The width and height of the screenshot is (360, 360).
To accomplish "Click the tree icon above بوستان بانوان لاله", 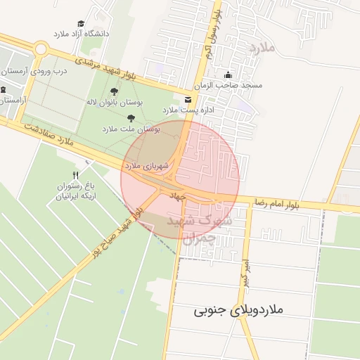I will pyautogui.click(x=115, y=91).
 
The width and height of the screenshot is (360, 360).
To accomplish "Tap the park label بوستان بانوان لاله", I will pyautogui.click(x=114, y=102).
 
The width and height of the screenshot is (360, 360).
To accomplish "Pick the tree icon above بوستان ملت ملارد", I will pyautogui.click(x=131, y=117).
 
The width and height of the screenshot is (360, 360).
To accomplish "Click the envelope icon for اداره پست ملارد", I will pyautogui.click(x=187, y=99).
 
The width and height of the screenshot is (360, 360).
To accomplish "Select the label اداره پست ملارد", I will pyautogui.click(x=188, y=110).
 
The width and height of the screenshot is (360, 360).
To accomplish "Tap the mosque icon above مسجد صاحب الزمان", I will pyautogui.click(x=227, y=75).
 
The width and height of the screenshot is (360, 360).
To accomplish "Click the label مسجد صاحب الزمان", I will pyautogui.click(x=232, y=85).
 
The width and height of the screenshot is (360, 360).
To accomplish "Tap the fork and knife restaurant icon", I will pyautogui.click(x=75, y=174).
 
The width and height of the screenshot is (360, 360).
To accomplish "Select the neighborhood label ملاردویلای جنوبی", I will pyautogui.click(x=238, y=309).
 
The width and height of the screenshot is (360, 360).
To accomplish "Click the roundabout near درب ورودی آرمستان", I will pyautogui.click(x=39, y=49).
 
